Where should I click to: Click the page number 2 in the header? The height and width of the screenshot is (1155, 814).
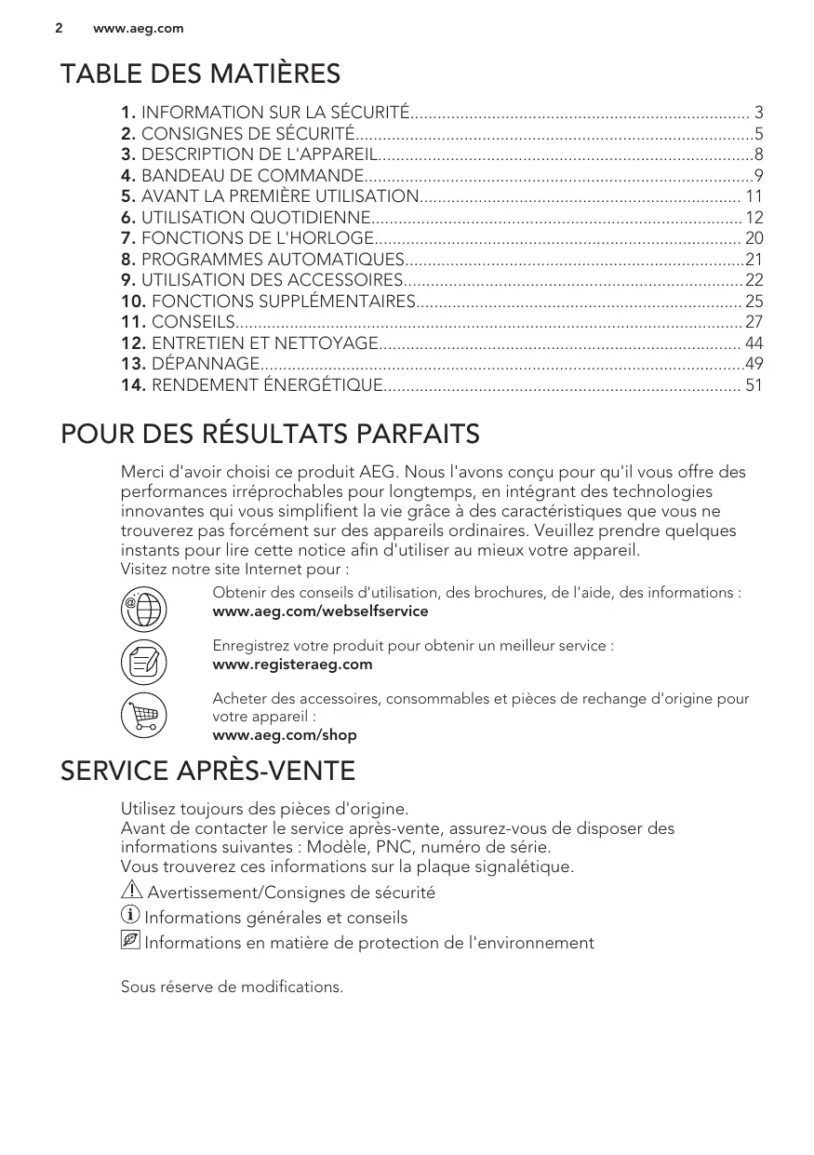[x=58, y=28]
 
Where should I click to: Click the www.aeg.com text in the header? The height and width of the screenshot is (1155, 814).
[x=138, y=29]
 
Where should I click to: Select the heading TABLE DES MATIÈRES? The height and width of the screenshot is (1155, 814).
[x=200, y=74]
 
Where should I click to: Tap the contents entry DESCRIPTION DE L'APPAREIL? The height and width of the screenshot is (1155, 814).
[x=260, y=154]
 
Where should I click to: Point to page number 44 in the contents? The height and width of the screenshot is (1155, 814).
[x=754, y=342]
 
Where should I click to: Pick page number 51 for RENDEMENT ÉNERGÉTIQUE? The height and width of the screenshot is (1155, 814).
[x=754, y=384]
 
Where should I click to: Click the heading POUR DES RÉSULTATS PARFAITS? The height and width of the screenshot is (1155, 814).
[x=270, y=434]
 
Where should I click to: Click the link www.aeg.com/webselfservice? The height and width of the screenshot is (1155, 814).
[x=320, y=611]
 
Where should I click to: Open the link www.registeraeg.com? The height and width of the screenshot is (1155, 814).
[x=292, y=665]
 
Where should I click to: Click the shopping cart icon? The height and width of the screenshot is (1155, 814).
[x=143, y=716]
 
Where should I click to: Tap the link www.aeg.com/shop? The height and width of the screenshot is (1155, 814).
[x=285, y=735]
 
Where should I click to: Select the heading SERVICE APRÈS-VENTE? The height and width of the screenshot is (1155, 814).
[x=207, y=772]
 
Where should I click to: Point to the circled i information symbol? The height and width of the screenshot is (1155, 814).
[x=130, y=917]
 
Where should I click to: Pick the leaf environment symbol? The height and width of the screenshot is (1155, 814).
[x=130, y=942]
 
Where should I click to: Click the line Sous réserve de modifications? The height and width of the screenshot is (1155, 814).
[x=232, y=987]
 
